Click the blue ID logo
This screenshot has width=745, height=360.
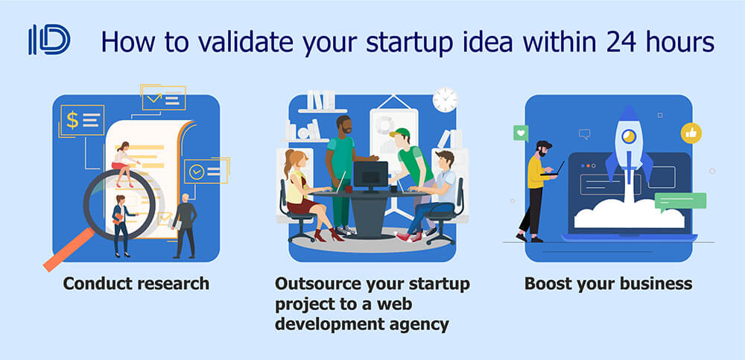[x=49, y=40]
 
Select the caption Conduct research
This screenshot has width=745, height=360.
[x=136, y=283]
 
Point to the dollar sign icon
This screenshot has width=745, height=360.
[x=72, y=120]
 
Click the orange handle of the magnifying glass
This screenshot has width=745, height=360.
[x=68, y=250]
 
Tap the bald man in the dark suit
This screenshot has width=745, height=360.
[x=184, y=225]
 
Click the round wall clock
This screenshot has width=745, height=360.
[x=446, y=100]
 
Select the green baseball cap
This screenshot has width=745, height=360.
[x=401, y=133]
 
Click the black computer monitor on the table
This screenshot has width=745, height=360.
[x=370, y=175]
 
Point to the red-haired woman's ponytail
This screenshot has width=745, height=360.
[x=288, y=163]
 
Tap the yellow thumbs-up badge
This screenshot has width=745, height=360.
[x=691, y=133]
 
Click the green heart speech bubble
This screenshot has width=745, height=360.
[x=521, y=133]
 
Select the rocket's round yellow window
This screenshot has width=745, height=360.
[x=629, y=136]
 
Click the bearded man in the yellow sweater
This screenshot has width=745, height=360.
[x=539, y=191]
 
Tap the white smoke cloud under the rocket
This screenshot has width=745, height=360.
[x=629, y=214]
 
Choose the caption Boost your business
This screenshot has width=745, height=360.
[x=608, y=283]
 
